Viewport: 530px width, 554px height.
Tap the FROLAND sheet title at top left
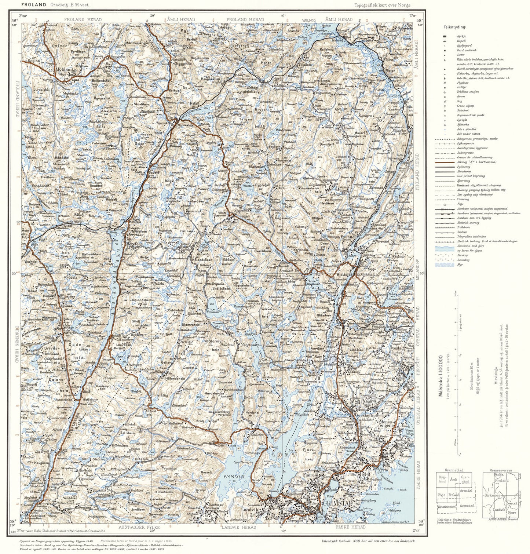pos(33,5)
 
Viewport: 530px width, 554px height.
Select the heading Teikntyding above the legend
pos(455,27)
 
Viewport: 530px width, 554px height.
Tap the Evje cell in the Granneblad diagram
pos(442,495)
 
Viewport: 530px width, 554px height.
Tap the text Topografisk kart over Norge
pos(382,5)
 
